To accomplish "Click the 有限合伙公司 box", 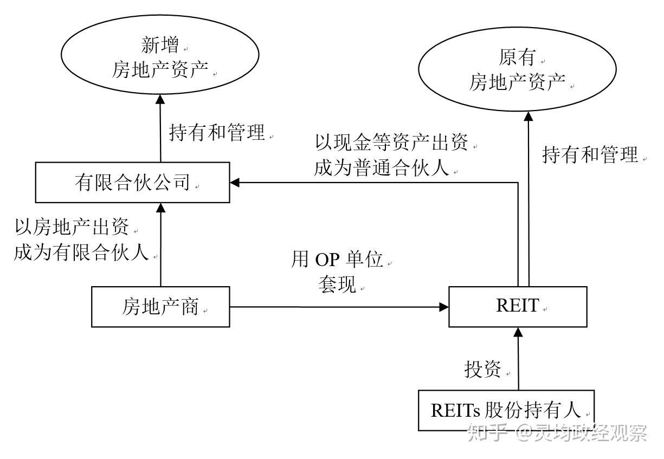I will (x=132, y=183).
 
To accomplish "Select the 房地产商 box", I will (x=160, y=307).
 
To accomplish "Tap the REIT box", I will (x=518, y=307).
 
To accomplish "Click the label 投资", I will (x=484, y=369).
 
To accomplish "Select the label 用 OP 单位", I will (x=337, y=260).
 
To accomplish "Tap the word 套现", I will (x=337, y=283).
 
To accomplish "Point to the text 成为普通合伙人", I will (x=382, y=167).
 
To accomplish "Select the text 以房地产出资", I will (x=72, y=228).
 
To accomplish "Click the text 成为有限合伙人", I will (x=81, y=253).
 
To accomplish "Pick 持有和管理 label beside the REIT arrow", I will (x=590, y=156).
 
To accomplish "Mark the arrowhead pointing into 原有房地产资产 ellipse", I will (x=528, y=115).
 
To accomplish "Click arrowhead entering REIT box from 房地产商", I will (x=444, y=307).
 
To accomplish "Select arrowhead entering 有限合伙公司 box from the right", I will (x=235, y=183).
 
